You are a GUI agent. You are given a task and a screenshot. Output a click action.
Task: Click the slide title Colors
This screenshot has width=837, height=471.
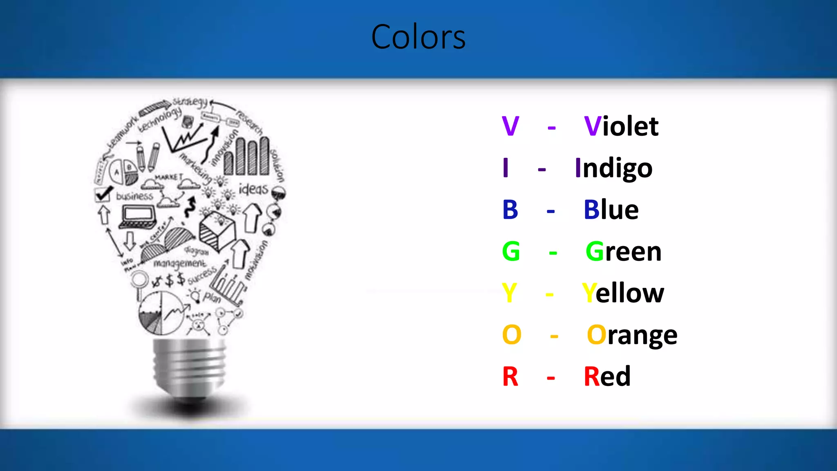coord(418,37)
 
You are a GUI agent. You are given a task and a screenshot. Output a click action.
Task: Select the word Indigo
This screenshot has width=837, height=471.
coord(613,168)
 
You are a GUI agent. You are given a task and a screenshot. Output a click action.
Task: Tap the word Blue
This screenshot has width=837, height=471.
coord(611,210)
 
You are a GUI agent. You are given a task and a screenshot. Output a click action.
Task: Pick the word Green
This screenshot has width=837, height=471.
coord(623,251)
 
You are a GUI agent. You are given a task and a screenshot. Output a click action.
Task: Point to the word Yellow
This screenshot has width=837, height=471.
coord(623,293)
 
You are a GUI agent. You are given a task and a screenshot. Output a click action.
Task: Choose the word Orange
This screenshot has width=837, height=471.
coord(632,335)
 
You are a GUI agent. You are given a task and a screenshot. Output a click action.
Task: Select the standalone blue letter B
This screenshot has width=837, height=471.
coord(510,210)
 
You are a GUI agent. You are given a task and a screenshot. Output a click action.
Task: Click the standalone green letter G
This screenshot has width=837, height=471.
coord(511,251)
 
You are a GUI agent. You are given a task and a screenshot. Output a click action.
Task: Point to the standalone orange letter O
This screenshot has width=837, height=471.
coord(512,335)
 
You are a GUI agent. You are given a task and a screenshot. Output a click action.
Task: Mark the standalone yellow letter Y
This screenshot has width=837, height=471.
coord(510,293)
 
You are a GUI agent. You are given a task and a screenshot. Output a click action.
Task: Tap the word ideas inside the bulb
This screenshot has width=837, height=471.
coord(253,189)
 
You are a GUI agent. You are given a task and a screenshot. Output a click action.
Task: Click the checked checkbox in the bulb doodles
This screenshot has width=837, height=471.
coord(103,194)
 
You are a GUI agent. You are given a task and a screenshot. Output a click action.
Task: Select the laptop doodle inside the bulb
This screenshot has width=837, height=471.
coord(138,216)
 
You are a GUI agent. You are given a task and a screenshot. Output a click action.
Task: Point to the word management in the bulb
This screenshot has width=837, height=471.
coord(180,264)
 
